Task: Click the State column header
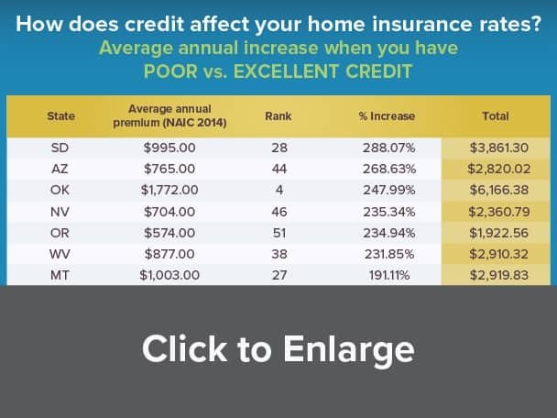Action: pos(60,115)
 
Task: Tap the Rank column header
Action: pos(278,115)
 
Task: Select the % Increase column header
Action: pos(387,115)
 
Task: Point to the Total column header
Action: pos(496,115)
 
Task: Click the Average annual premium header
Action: pos(169,115)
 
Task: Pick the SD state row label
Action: pos(60,148)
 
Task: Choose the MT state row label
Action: pos(60,275)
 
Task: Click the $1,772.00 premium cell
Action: pos(169,190)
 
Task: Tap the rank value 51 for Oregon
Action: pos(279,233)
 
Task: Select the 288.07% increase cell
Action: pos(389,148)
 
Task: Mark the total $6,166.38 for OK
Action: pos(499,190)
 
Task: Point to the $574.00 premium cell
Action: pos(169,233)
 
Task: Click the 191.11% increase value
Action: pos(389,275)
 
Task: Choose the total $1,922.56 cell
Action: pos(498,233)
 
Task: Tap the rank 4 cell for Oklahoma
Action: pos(279,190)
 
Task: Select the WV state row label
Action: pos(60,254)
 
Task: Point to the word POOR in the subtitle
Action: pos(170,71)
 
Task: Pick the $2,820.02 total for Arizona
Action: pos(499,169)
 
